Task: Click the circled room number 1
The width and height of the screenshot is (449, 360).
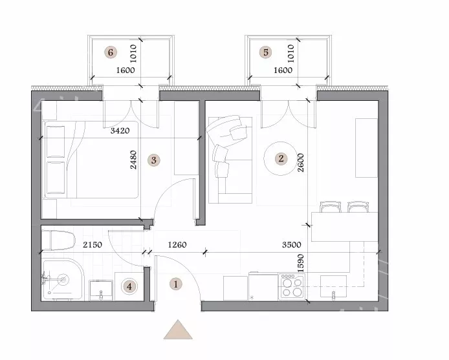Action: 175,284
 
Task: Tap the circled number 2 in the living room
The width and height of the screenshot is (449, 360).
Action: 281,158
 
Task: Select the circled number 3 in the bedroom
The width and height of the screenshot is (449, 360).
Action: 154,160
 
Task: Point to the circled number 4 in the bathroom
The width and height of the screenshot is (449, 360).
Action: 129,286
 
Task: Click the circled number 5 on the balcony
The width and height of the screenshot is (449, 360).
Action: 265,52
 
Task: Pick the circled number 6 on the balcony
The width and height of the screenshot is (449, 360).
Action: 111,52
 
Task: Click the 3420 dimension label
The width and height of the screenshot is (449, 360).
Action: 120,131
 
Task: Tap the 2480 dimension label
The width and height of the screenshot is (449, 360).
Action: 133,160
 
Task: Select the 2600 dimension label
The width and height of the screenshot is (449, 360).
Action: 301,162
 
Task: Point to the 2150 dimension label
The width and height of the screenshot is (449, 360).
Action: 93,245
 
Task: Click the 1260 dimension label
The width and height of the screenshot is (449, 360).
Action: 177,245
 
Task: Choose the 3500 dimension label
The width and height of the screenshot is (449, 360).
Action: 292,245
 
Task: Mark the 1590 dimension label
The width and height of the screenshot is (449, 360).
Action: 300,263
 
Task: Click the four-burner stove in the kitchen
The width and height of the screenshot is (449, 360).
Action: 292,287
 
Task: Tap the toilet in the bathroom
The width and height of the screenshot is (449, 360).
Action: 58,240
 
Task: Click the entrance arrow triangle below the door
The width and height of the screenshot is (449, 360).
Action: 178,330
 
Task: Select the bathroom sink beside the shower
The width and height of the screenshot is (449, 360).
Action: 101,290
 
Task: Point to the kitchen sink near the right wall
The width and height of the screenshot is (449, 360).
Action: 333,288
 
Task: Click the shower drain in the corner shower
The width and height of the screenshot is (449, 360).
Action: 63,279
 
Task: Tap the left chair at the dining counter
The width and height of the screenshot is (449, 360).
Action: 330,207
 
